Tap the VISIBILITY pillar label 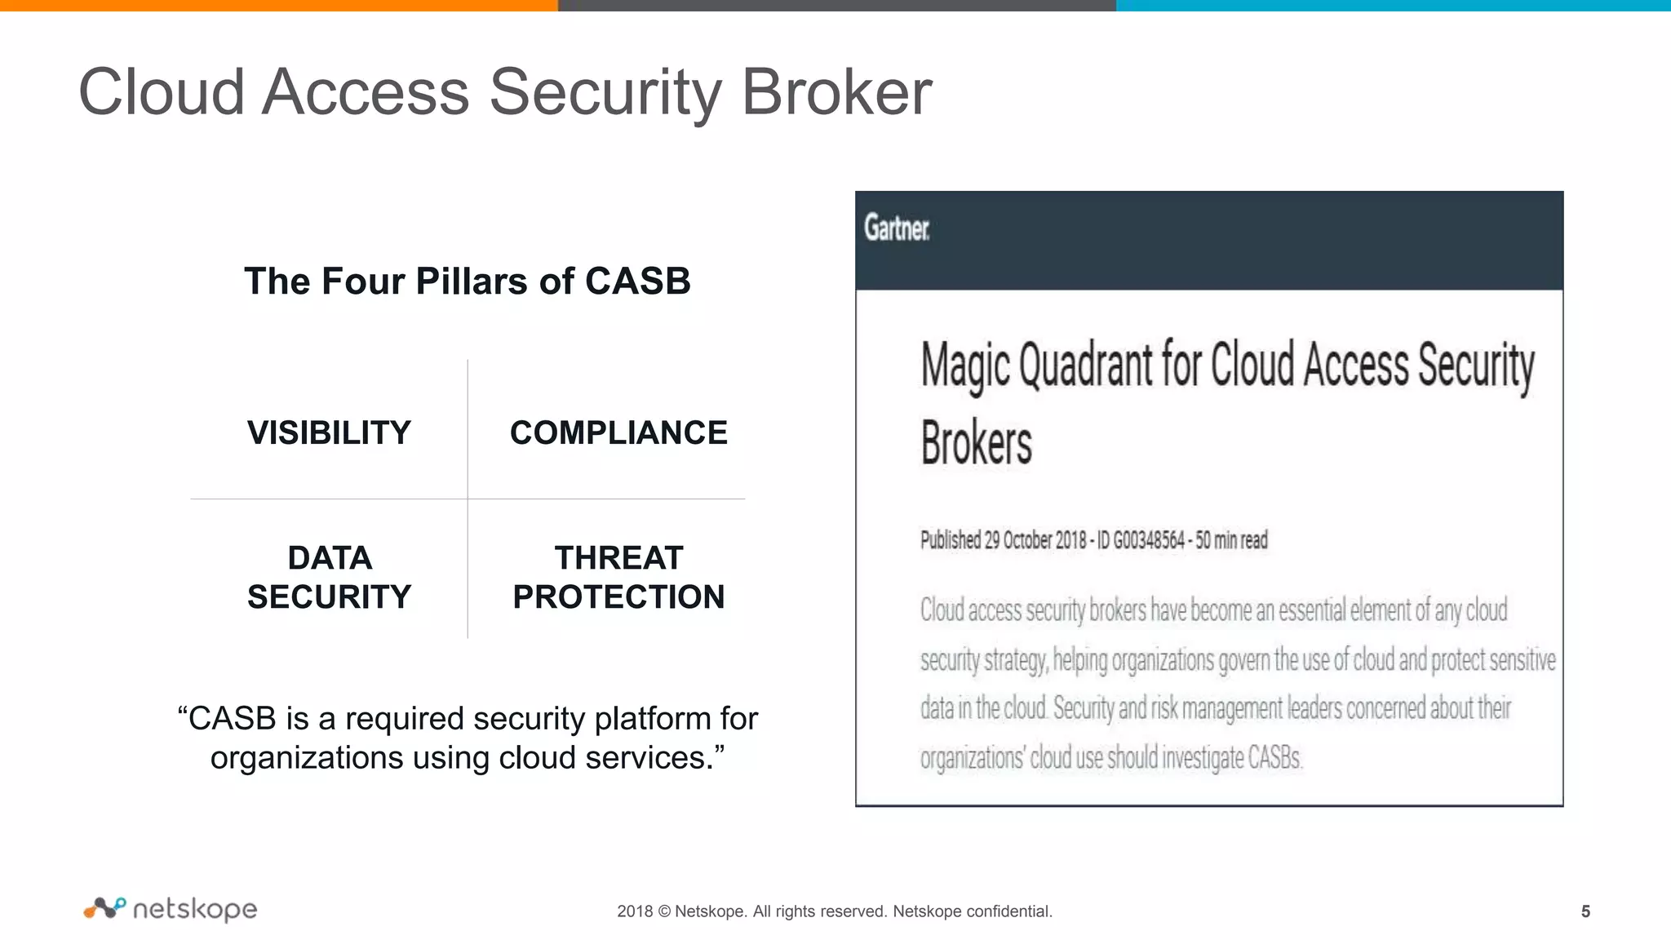click(329, 432)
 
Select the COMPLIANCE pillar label click(618, 432)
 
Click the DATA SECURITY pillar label click(329, 577)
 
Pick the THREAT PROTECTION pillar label click(618, 577)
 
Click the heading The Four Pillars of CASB click(467, 282)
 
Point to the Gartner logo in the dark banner click(896, 228)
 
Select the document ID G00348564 click(1149, 540)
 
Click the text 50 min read click(1231, 540)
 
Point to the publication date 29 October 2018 click(1035, 540)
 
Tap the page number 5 click(1585, 911)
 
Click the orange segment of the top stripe click(277, 5)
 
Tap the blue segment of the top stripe click(1394, 5)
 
